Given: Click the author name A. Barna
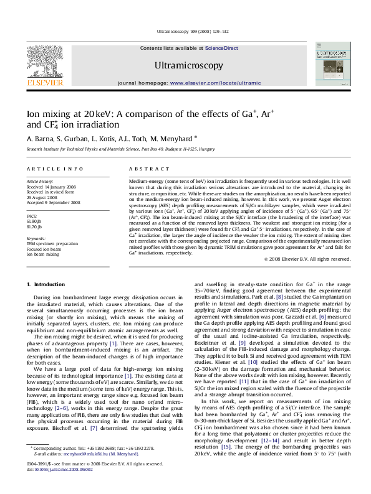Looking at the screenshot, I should [39, 137].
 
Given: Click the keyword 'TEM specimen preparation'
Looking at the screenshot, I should [52, 244].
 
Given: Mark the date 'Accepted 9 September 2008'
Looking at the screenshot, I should [53, 202].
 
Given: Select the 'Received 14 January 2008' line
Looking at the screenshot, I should [52, 187].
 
